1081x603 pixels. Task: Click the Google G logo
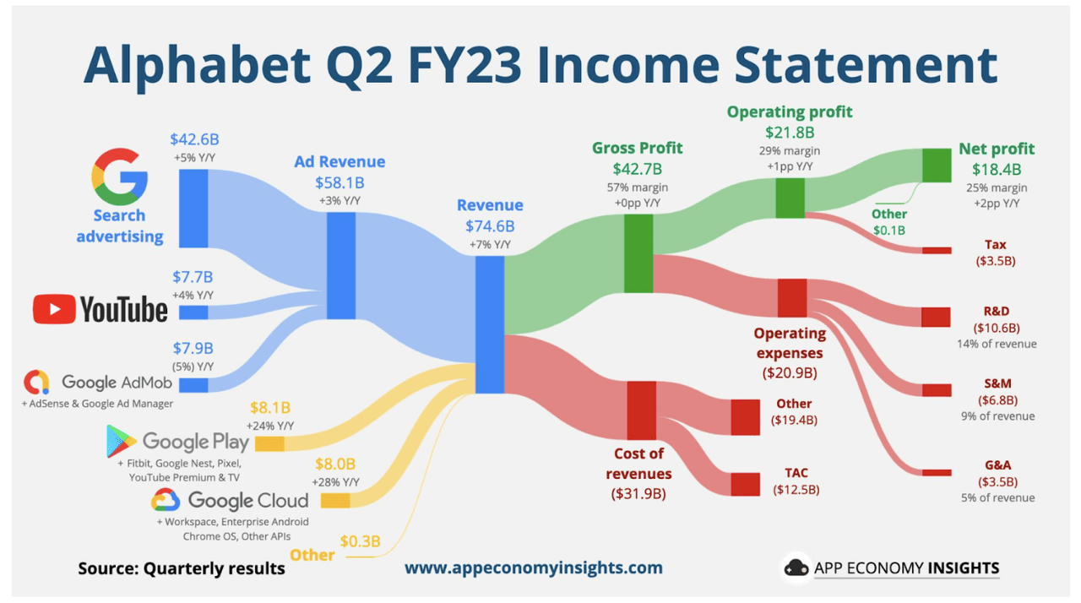click(119, 177)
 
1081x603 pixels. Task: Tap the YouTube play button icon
click(54, 310)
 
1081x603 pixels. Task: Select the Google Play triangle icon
click(122, 441)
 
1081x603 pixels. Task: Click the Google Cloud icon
click(166, 500)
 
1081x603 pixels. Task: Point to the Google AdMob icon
click(37, 383)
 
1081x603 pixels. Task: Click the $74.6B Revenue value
click(490, 225)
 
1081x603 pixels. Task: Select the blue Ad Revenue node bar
click(341, 265)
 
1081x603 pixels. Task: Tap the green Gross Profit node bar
click(638, 253)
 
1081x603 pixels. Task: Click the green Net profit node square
click(937, 165)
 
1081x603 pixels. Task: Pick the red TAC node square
click(745, 484)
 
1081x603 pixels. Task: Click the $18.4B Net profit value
click(997, 170)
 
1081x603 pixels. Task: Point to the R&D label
click(997, 311)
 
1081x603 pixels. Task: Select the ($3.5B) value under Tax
click(997, 261)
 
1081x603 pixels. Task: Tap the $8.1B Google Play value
click(270, 408)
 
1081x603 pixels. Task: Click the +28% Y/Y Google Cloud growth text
click(335, 481)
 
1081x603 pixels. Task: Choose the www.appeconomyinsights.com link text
click(534, 568)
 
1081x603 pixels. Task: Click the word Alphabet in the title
click(215, 65)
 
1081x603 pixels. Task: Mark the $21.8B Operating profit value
click(790, 132)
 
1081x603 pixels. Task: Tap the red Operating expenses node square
click(792, 298)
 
